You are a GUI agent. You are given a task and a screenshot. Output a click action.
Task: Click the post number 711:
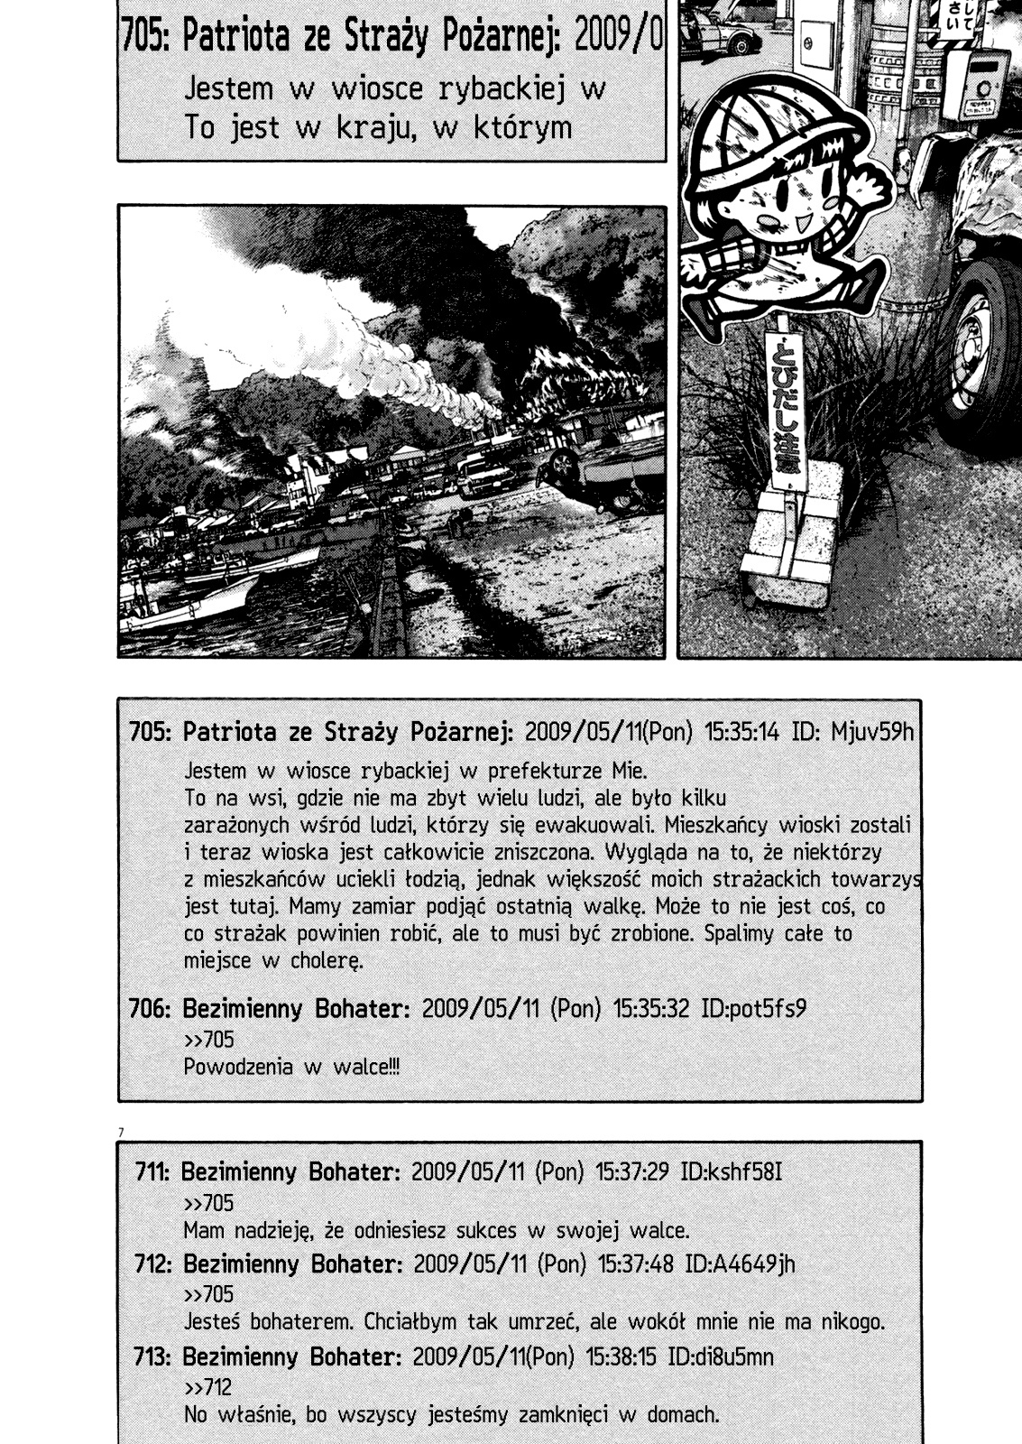click(152, 1172)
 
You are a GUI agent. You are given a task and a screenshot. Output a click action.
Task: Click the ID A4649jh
click(741, 1263)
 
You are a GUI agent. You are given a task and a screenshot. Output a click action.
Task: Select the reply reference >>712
click(208, 1387)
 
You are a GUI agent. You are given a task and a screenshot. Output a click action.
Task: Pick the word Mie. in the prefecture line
click(630, 771)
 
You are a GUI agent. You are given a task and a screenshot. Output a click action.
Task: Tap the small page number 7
click(121, 1132)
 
